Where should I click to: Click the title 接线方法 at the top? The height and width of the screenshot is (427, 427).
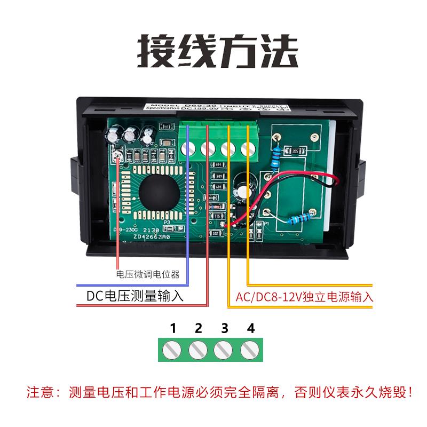point(213,50)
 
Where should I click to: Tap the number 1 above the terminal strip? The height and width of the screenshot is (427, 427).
point(173,327)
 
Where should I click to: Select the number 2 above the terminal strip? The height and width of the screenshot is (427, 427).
point(199,327)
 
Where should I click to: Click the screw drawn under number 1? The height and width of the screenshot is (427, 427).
point(173,350)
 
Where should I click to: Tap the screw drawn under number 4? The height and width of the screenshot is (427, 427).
point(249,350)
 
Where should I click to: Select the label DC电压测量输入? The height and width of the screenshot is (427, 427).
point(135,296)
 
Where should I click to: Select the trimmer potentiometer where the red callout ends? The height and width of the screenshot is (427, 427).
point(118,155)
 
